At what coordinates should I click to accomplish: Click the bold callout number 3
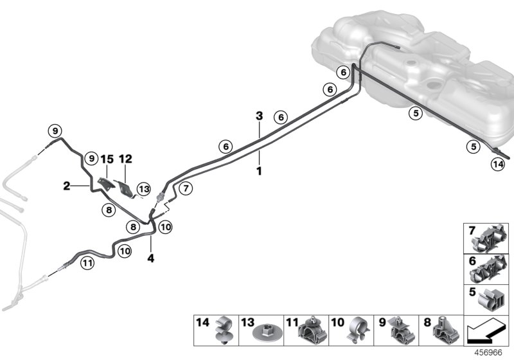pyautogui.click(x=259, y=116)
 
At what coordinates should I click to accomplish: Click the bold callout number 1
pyautogui.click(x=259, y=172)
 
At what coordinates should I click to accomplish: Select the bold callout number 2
pyautogui.click(x=66, y=186)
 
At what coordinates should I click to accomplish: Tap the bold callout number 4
pyautogui.click(x=151, y=258)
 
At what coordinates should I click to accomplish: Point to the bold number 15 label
pyautogui.click(x=107, y=158)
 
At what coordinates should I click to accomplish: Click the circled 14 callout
pyautogui.click(x=498, y=165)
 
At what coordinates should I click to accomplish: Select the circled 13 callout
pyautogui.click(x=143, y=189)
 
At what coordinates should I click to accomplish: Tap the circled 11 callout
pyautogui.click(x=87, y=262)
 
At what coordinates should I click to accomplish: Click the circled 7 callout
pyautogui.click(x=185, y=188)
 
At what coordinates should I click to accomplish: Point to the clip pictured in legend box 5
pyautogui.click(x=493, y=299)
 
